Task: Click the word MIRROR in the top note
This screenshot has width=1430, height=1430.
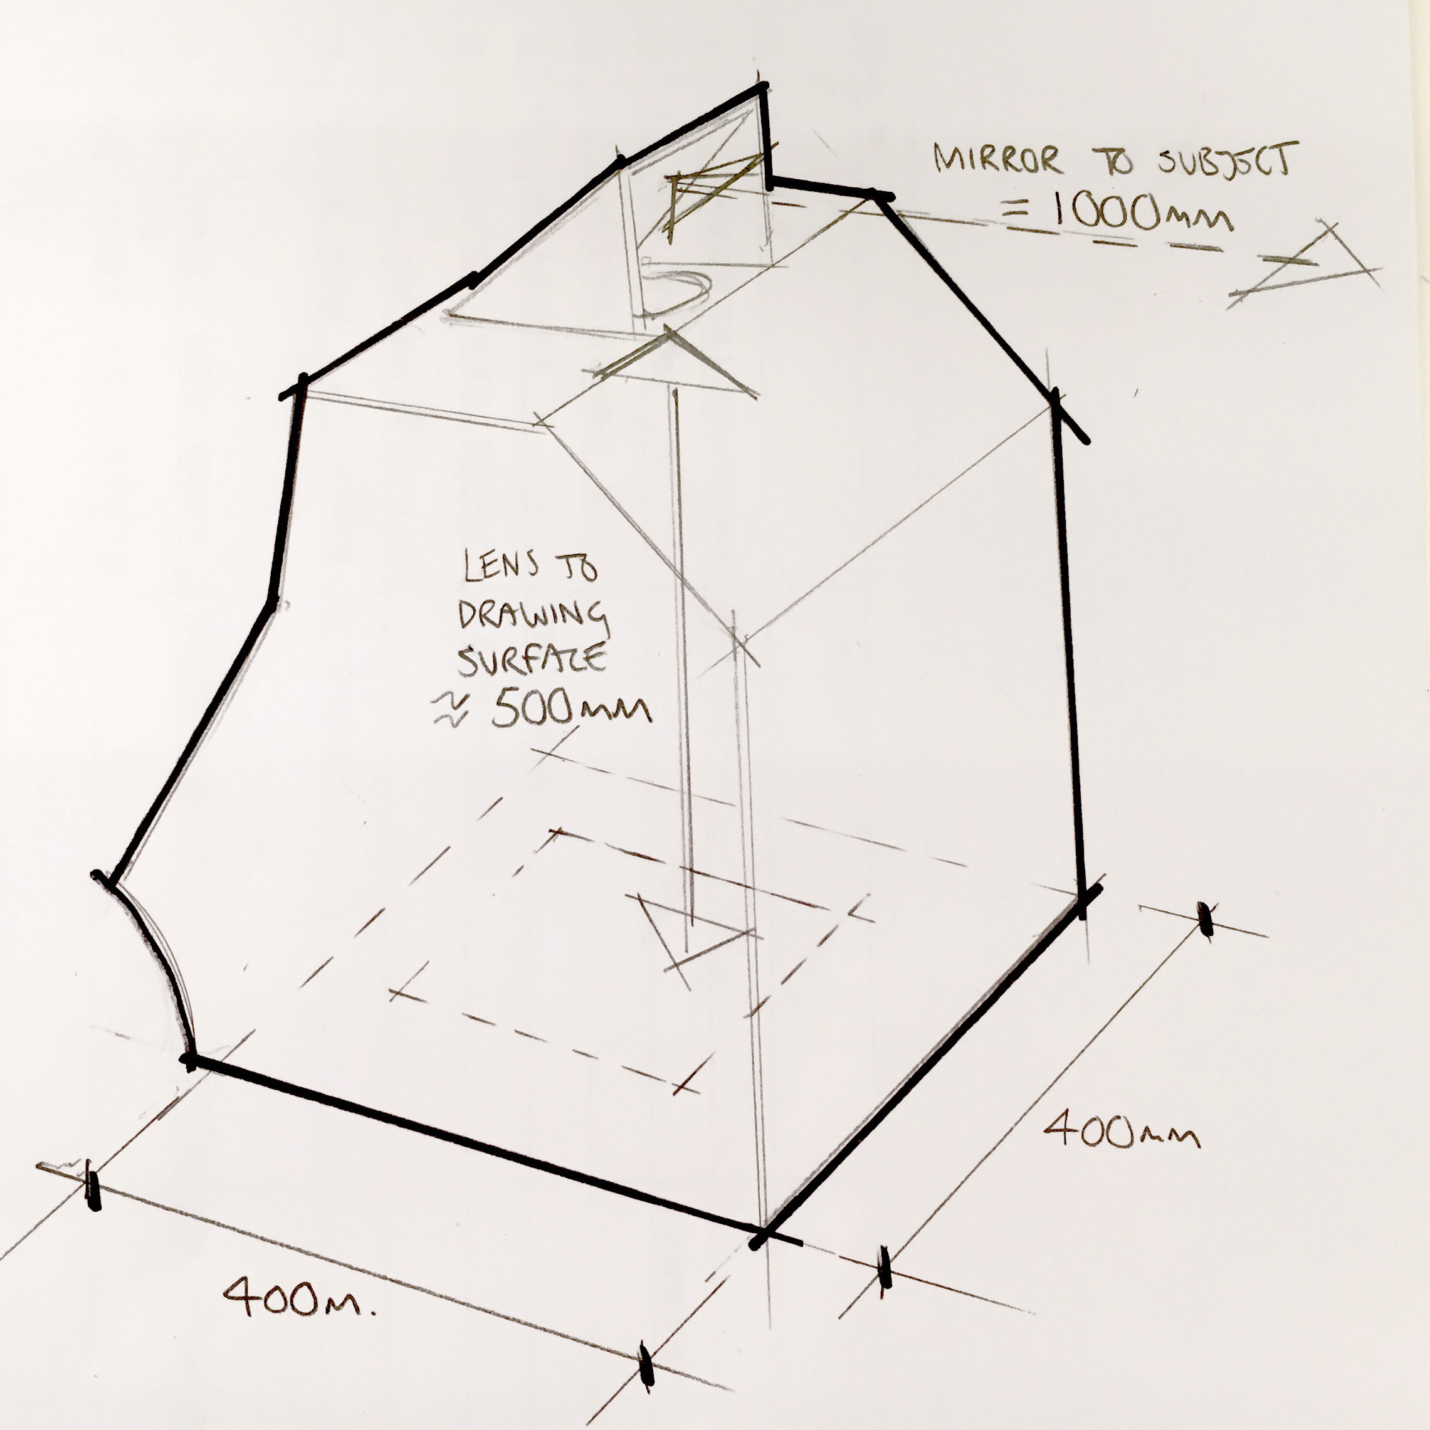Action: [996, 160]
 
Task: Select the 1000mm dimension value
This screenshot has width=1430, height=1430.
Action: [1140, 213]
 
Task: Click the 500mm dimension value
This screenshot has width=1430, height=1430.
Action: [570, 709]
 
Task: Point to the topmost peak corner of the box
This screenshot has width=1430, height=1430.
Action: [762, 89]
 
